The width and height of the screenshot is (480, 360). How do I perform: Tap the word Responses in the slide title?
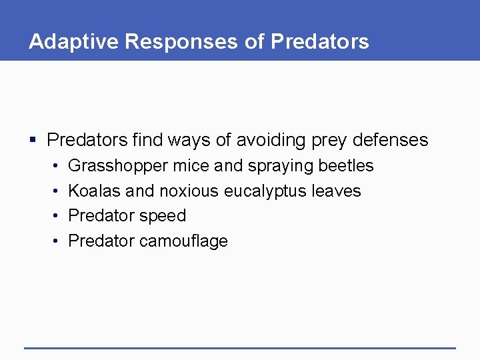pyautogui.click(x=182, y=41)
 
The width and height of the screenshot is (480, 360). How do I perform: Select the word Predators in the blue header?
pyautogui.click(x=319, y=41)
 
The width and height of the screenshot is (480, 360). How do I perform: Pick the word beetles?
pyautogui.click(x=346, y=165)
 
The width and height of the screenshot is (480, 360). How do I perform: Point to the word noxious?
pyautogui.click(x=189, y=191)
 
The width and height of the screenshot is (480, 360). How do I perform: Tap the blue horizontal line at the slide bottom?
pyautogui.click(x=240, y=348)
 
